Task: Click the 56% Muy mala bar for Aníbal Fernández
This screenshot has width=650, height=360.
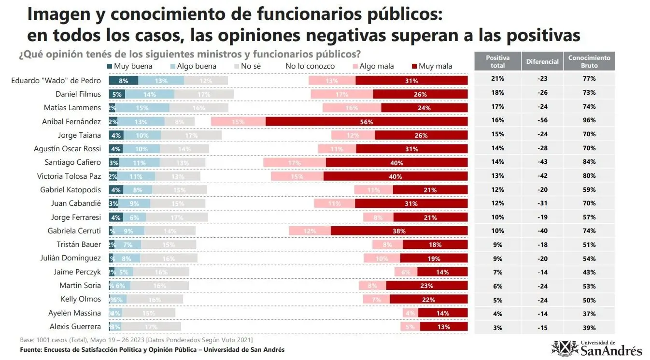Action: pyautogui.click(x=367, y=122)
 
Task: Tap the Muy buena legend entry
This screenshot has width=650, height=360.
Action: pyautogui.click(x=129, y=66)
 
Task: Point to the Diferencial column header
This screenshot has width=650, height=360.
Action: pyautogui.click(x=542, y=61)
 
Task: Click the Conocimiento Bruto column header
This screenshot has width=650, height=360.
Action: pyautogui.click(x=589, y=61)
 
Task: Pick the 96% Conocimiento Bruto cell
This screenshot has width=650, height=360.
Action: pyautogui.click(x=589, y=120)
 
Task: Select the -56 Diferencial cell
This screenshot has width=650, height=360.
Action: pyautogui.click(x=542, y=120)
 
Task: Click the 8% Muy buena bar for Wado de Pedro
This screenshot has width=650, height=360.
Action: pyautogui.click(x=124, y=81)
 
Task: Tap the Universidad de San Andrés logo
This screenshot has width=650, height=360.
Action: pyautogui.click(x=597, y=347)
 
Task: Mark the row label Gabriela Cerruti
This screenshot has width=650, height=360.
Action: pyautogui.click(x=74, y=231)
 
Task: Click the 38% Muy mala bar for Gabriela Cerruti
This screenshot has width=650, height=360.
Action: pyautogui.click(x=399, y=231)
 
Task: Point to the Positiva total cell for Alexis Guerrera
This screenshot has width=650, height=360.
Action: pyautogui.click(x=497, y=328)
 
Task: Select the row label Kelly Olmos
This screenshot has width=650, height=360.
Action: pyautogui.click(x=81, y=299)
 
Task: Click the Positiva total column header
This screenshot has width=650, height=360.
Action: pyautogui.click(x=497, y=61)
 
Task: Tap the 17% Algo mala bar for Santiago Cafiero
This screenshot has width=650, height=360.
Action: pyautogui.click(x=295, y=163)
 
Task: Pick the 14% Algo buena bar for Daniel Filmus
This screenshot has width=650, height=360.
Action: pyautogui.click(x=149, y=95)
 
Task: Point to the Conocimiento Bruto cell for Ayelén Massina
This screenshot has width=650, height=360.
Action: pyautogui.click(x=589, y=314)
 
